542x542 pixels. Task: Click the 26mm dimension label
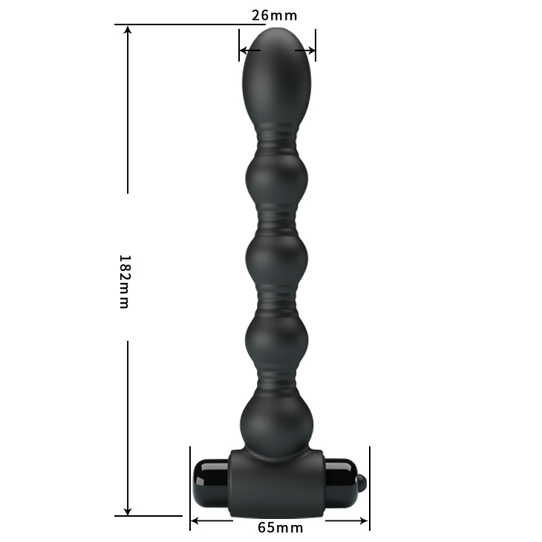point(275,15)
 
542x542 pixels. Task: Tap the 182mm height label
point(124,281)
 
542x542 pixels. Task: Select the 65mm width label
point(280,528)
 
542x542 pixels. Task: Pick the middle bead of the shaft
point(277,259)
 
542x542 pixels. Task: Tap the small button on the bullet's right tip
point(362,484)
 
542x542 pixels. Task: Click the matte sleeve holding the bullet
point(277,483)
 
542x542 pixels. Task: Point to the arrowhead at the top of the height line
point(128,30)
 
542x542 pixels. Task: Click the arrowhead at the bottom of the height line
point(128,510)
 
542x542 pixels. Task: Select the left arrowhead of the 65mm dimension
point(195,520)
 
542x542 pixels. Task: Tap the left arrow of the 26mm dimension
point(244,50)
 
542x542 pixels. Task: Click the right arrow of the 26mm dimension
point(310,50)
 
